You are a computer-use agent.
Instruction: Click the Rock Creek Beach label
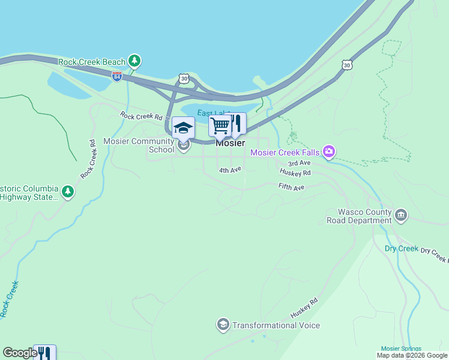92,62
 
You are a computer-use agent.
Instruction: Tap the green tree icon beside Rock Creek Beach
136,61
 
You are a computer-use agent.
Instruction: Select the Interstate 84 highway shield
116,76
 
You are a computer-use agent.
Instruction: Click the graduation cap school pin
183,127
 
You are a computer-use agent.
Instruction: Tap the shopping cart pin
220,126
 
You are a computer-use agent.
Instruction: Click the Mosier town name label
230,143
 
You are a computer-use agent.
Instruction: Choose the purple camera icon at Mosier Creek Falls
328,152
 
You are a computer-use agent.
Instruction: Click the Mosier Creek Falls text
285,152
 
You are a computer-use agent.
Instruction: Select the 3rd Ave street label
299,163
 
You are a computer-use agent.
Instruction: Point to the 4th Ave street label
230,170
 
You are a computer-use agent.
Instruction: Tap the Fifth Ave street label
292,187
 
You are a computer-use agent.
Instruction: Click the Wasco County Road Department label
359,216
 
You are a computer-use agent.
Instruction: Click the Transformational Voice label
276,325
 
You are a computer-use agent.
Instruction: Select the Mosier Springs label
401,349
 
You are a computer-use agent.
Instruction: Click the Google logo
20,353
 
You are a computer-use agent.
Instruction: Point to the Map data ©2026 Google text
412,356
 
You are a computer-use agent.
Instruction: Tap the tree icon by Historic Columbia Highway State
68,192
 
